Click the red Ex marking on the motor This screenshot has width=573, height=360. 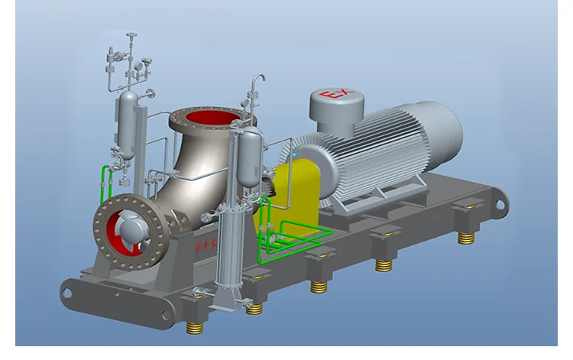point(336,96)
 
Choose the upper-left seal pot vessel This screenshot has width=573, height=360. point(128,122)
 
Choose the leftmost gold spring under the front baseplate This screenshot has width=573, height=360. point(196,326)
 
